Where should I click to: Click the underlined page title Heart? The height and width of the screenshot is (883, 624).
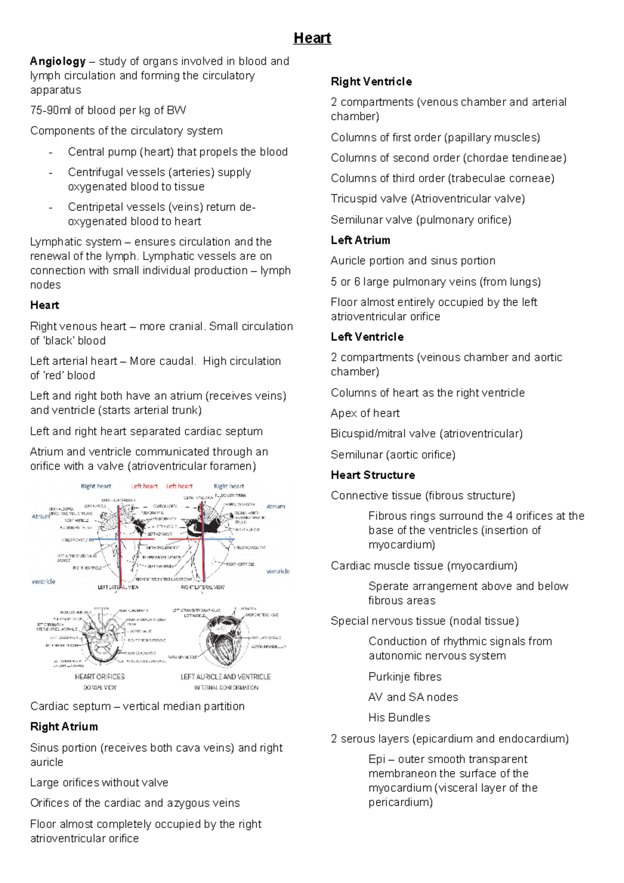[312, 38]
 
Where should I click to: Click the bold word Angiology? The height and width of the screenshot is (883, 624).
[58, 61]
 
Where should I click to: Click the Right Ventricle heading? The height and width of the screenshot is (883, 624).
[371, 82]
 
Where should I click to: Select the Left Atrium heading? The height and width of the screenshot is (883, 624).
[360, 240]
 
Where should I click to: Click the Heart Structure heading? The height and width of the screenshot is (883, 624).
[373, 475]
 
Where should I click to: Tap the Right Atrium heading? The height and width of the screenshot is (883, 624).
[64, 726]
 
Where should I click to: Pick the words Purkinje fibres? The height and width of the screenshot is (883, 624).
[405, 677]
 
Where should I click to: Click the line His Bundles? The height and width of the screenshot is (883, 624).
[399, 718]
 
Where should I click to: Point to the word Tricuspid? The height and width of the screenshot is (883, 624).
[354, 199]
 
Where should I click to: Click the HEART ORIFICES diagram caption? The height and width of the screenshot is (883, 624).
[100, 677]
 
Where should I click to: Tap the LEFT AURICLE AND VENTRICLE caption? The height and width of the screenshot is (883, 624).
[225, 677]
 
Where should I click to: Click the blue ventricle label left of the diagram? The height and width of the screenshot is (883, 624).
[44, 581]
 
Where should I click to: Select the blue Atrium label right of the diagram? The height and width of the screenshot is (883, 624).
[276, 506]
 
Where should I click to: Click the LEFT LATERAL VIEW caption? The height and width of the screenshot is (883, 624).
[118, 587]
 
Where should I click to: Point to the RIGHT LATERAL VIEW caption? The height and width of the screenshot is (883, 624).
[202, 587]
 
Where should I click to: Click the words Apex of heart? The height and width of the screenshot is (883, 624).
[365, 413]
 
